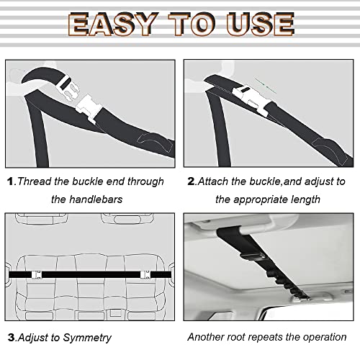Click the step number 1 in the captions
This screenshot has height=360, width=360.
[x=10, y=181]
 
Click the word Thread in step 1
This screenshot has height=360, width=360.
[x=35, y=181]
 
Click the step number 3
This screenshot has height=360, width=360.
[x=10, y=336]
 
